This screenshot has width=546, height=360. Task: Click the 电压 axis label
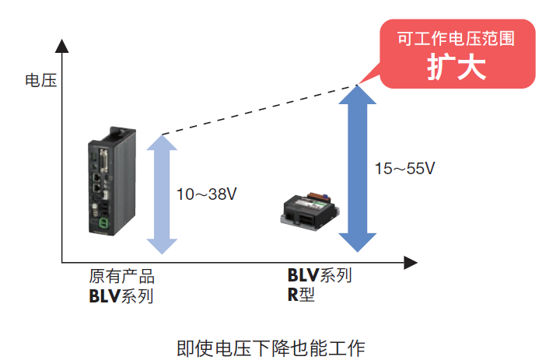40,79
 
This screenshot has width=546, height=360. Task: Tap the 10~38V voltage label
206,194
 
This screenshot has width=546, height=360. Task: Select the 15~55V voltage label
405,168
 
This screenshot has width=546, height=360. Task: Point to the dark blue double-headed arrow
357,168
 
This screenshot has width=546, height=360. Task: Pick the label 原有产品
121,277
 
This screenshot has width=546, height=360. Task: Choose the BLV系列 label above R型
320,276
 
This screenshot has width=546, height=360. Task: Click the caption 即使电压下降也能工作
271,345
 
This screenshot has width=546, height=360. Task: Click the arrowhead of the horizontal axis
411,262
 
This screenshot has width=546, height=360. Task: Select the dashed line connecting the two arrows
257,110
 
